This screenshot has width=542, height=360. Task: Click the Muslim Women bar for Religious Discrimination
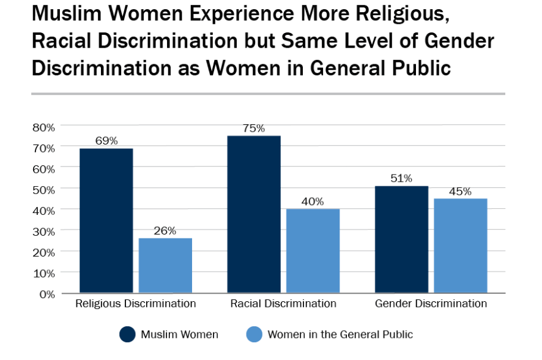tap(106, 220)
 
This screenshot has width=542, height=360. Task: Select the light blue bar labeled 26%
tap(165, 265)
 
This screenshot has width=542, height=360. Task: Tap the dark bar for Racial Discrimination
tap(254, 214)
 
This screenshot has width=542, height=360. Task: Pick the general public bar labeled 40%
tap(313, 250)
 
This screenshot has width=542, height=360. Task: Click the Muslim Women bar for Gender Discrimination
tap(401, 239)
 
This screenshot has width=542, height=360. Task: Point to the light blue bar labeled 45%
tap(461, 246)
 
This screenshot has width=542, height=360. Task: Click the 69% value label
tap(106, 141)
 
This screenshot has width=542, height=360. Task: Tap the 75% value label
tap(254, 128)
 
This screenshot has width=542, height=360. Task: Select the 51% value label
tap(401, 178)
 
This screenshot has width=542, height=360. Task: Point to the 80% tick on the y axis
tap(43, 127)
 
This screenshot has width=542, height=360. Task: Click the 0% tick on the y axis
tap(47, 294)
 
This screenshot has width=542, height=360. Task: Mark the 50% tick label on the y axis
tap(43, 190)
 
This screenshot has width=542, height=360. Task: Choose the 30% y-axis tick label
tap(43, 231)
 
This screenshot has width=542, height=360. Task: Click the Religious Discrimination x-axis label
tap(135, 304)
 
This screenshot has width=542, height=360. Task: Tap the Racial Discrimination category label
tap(283, 304)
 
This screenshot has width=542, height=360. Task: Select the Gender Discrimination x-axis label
tap(431, 304)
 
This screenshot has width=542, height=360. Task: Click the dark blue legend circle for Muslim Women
tap(127, 334)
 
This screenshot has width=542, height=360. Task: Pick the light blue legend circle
tap(254, 334)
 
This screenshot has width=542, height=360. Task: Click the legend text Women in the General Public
tap(340, 334)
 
